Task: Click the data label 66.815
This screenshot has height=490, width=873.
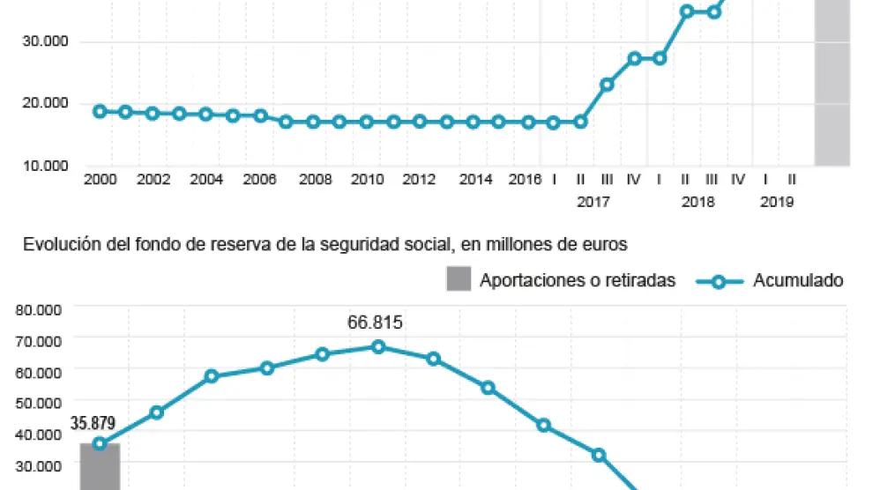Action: click(375, 323)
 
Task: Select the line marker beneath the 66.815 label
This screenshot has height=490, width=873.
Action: click(378, 347)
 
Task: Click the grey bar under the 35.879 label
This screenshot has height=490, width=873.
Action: click(101, 467)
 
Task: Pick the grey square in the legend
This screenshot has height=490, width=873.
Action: click(458, 280)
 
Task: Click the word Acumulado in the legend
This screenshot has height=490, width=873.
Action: click(797, 280)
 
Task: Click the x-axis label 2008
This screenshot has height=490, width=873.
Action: click(315, 180)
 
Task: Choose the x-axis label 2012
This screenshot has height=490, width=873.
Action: click(419, 180)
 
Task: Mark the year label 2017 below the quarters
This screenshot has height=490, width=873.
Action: click(593, 202)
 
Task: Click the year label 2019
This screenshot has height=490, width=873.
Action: click(776, 202)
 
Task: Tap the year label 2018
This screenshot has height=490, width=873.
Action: click(698, 202)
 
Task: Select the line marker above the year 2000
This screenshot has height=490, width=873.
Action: click(100, 112)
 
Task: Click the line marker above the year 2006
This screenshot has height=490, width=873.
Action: click(260, 115)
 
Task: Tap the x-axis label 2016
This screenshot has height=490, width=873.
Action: click(525, 180)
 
